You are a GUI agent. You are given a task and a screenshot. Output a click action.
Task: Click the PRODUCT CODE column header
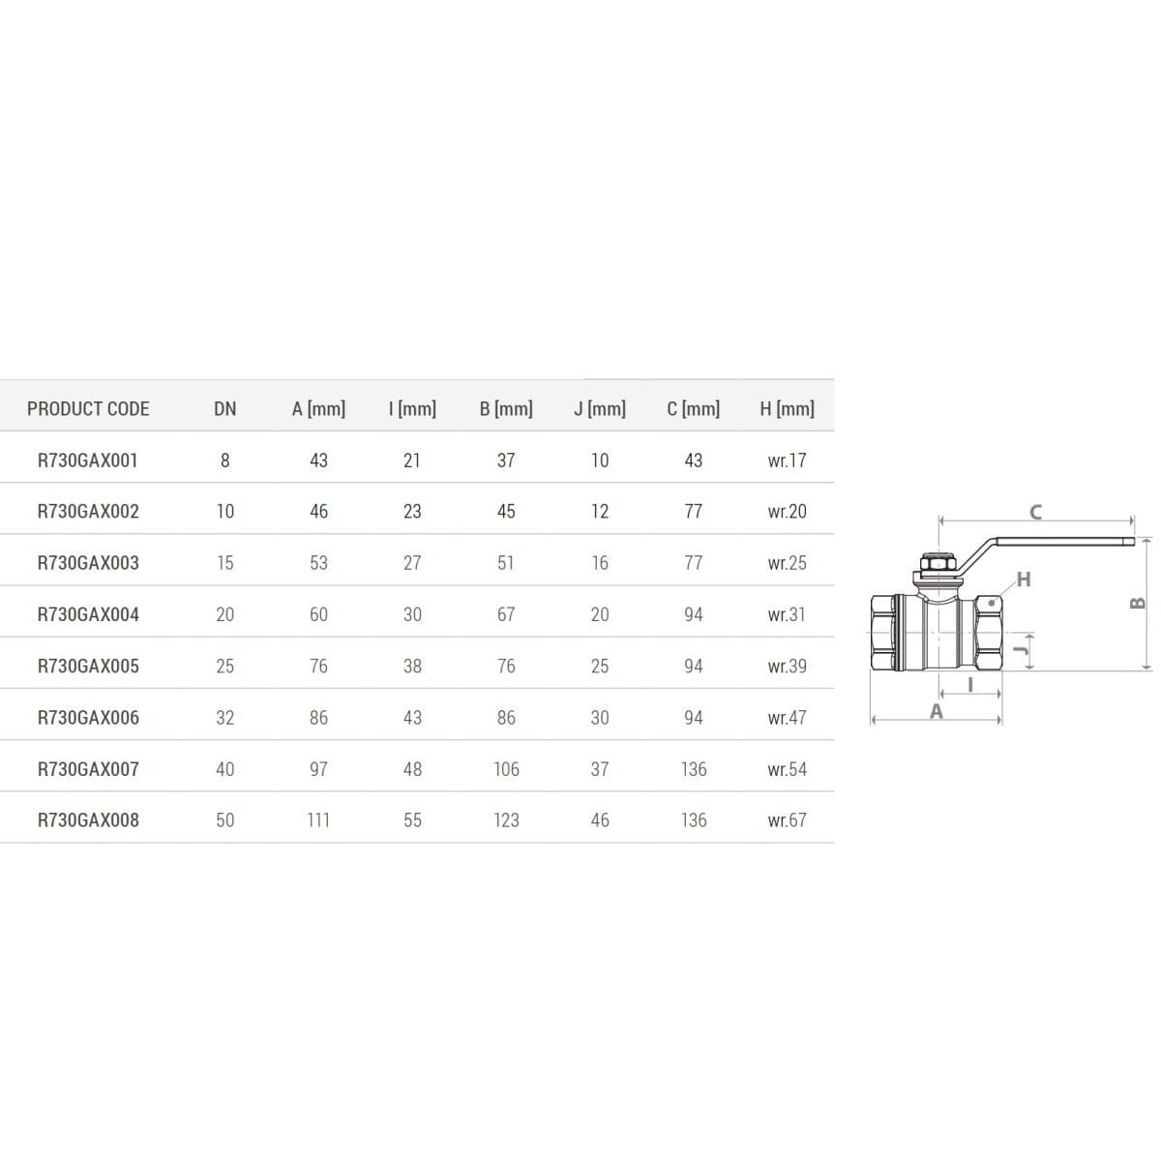(88, 408)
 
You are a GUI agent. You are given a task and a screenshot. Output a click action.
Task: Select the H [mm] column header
(787, 408)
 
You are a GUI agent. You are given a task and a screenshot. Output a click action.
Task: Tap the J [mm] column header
(600, 408)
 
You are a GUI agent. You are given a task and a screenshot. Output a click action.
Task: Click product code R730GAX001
(88, 461)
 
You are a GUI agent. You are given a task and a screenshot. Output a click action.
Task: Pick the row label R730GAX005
(88, 666)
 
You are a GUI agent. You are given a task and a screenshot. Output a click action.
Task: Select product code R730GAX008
(88, 820)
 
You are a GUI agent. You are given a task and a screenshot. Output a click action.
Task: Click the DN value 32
(224, 718)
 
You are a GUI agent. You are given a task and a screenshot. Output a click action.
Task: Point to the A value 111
(318, 820)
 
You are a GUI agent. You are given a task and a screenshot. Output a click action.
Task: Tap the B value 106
(506, 769)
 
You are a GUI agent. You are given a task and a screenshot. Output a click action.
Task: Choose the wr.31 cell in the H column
(787, 614)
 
